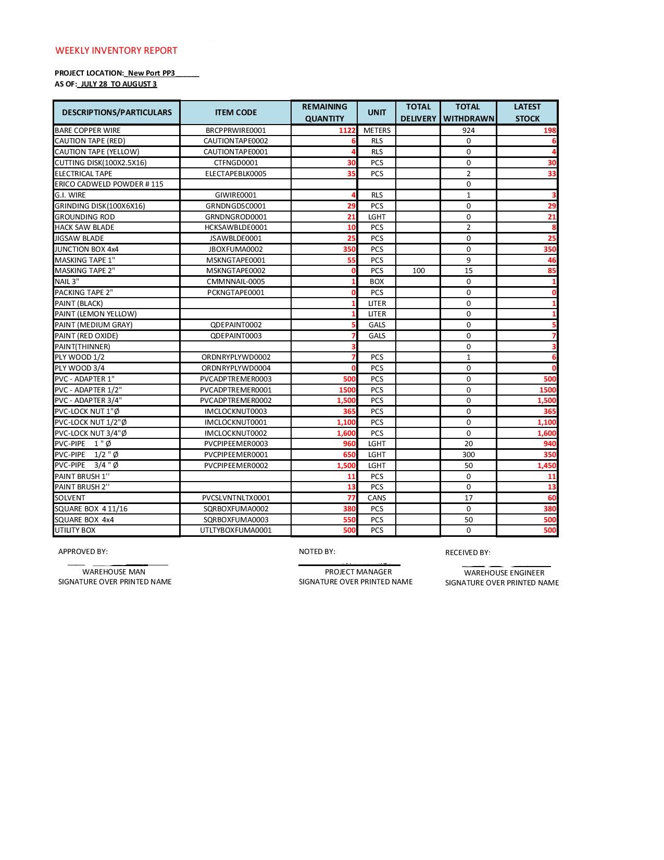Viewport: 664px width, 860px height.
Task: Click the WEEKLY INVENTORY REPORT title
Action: pos(116,51)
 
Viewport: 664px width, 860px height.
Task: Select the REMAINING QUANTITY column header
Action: pos(324,113)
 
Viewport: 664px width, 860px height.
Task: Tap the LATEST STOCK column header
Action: pos(527,113)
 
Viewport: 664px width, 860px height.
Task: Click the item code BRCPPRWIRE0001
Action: pos(235,130)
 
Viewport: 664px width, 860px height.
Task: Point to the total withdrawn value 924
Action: pos(468,130)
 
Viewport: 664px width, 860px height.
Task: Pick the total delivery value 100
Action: pos(418,271)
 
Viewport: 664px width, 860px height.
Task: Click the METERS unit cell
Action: pos(377,130)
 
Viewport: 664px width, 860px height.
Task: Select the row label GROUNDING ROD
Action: pos(85,217)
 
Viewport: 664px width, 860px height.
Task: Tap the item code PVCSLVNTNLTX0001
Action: pos(235,498)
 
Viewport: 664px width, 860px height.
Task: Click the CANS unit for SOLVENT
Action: pos(377,498)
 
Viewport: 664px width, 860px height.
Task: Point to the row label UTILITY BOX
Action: pos(75,530)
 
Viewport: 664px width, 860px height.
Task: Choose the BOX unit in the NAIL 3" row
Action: pos(377,281)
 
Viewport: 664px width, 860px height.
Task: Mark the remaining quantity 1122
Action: pos(347,130)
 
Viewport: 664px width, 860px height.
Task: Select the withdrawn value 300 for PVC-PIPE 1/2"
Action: pos(468,454)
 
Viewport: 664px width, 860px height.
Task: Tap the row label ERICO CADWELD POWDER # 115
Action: pos(109,184)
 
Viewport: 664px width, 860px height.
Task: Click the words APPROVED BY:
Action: pos(83,551)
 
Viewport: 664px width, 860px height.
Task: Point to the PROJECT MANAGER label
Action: pos(358,572)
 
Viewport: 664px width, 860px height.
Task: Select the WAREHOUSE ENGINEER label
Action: pos(504,573)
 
